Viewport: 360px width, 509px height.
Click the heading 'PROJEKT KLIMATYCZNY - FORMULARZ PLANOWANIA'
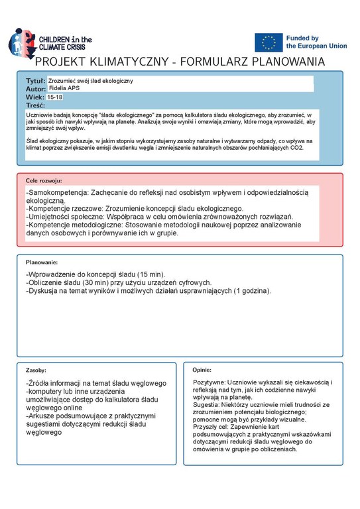180,62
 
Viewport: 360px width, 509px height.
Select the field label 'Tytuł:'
35,80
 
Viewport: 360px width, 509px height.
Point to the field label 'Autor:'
36,88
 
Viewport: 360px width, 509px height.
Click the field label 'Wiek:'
34,97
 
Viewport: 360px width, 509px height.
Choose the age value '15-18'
56,97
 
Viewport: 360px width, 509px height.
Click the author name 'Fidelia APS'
66,88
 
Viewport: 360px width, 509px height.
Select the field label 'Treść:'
35,105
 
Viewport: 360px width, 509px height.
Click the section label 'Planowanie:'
42,262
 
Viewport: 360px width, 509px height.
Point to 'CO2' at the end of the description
295,147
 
